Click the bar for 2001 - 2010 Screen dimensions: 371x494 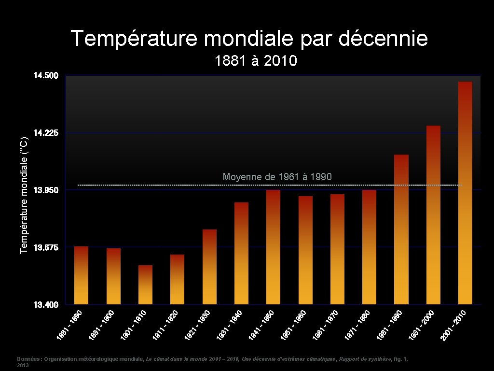pos(465,193)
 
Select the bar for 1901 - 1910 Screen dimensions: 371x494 pos(145,285)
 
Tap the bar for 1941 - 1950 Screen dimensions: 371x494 pos(273,247)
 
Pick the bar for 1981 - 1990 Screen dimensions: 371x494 pos(401,229)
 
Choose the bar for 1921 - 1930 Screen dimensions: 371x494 pos(209,267)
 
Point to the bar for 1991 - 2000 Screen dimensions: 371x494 pos(433,215)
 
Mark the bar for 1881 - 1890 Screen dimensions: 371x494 pos(82,275)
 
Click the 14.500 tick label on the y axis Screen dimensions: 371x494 pos(45,76)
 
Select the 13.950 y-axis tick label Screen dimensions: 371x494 pos(45,190)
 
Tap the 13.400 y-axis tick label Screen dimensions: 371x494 pos(45,305)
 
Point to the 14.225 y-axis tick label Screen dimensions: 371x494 pos(45,133)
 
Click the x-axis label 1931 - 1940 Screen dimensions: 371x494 pos(230,325)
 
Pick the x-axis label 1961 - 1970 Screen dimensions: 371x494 pos(326,325)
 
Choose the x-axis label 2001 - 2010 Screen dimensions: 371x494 pos(453,325)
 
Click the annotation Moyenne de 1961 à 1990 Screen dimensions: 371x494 pos(277,177)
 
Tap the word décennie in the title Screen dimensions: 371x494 pos(383,39)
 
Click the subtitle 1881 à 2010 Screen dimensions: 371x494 pos(256,61)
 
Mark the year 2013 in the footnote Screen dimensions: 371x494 pos(23,366)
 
